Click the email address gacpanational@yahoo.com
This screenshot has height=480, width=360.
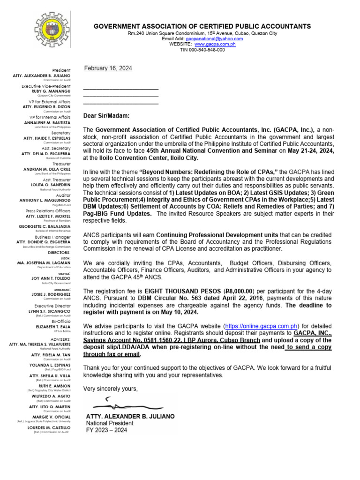tap(214, 39)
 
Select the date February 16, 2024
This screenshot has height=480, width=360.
tap(108, 68)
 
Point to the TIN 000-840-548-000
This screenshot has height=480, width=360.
tap(202, 50)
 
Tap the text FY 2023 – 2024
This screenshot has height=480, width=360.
tap(106, 430)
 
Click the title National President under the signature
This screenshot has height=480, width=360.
tap(110, 423)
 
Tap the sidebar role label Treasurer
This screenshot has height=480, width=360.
tap(60, 164)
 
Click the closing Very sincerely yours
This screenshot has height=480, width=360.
tap(111, 389)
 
